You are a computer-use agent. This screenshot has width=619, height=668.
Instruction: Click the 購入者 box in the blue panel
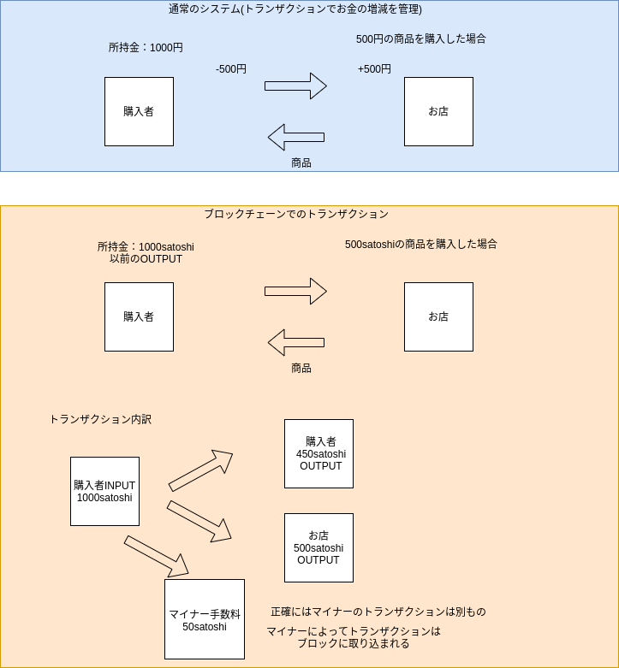click(x=139, y=111)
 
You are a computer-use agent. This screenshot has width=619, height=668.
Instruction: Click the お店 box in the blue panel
click(x=438, y=111)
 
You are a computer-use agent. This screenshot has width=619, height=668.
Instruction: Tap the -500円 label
click(x=231, y=69)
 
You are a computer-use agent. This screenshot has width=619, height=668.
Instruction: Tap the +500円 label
click(x=374, y=69)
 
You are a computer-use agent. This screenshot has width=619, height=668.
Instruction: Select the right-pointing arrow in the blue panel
click(x=295, y=86)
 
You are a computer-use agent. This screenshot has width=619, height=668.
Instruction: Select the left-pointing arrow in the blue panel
click(x=295, y=137)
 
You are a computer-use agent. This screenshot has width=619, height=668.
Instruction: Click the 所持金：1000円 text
click(x=146, y=48)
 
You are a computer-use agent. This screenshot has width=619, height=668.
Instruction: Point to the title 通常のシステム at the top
click(x=295, y=9)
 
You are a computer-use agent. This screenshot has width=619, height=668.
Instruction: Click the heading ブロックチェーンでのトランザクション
click(x=296, y=214)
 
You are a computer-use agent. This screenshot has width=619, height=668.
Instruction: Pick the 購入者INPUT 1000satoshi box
click(x=104, y=491)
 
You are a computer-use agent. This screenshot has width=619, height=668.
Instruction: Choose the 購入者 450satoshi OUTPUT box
click(x=318, y=453)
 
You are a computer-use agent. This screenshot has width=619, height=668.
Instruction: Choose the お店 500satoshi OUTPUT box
click(x=318, y=547)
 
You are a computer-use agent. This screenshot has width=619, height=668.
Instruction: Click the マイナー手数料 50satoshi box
click(x=205, y=619)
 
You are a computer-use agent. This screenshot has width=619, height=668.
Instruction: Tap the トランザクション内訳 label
click(x=100, y=419)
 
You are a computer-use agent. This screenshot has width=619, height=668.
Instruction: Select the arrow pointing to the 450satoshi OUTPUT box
click(x=200, y=470)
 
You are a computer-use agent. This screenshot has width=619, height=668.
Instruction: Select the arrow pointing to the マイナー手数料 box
click(x=156, y=556)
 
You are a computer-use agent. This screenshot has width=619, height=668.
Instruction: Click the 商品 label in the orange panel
click(x=301, y=368)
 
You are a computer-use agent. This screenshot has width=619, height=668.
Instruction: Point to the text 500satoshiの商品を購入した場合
click(x=421, y=244)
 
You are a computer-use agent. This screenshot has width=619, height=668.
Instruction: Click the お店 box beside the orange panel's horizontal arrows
click(x=438, y=316)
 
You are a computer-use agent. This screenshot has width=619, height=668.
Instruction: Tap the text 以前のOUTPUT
click(x=146, y=259)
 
